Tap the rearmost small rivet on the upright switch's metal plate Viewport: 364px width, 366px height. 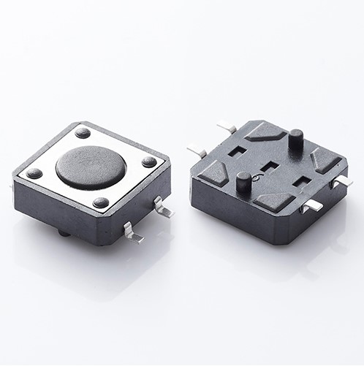click(x=83, y=134)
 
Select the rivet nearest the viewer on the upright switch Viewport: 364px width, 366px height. click(x=101, y=202)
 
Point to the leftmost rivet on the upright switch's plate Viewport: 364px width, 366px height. click(x=34, y=174)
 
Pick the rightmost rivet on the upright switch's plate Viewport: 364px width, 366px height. click(x=149, y=161)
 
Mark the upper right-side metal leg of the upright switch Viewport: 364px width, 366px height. click(x=164, y=210)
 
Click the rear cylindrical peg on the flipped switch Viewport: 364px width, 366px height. click(x=296, y=138)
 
